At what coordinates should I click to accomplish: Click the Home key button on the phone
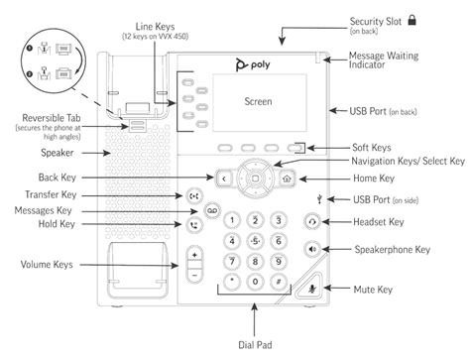287,180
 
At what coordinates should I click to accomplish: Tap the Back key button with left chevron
225,180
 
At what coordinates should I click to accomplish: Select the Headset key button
287,223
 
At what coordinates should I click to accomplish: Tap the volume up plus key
195,255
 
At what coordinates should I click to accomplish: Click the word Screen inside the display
259,101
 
